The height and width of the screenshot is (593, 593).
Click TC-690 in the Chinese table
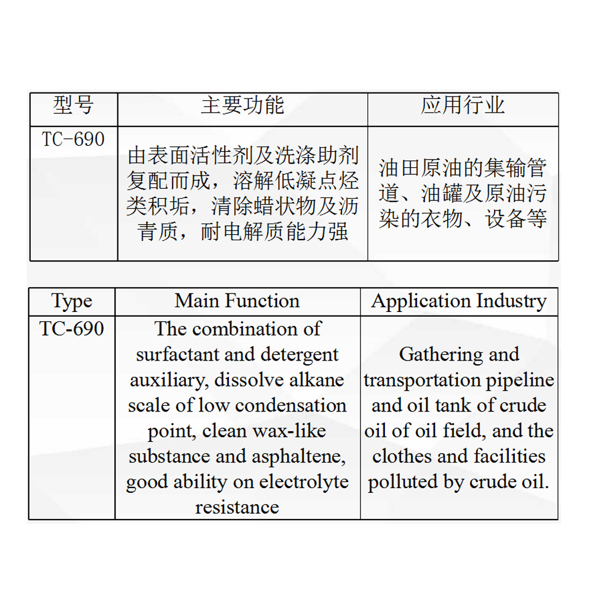click(x=74, y=139)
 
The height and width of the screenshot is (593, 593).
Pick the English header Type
click(x=72, y=301)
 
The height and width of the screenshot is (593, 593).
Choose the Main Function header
click(x=237, y=301)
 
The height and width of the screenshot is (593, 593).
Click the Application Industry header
click(x=458, y=301)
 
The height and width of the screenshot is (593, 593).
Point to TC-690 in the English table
click(x=72, y=329)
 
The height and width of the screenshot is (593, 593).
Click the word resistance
click(x=237, y=508)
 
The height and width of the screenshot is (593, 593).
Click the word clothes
click(x=403, y=457)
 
